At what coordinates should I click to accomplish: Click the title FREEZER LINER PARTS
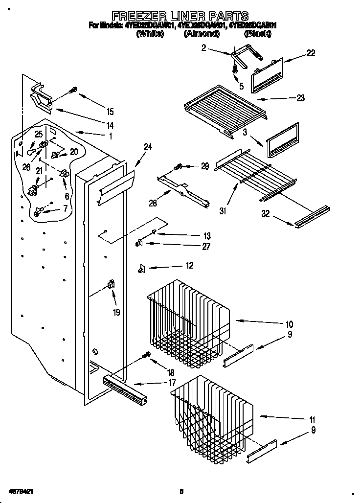pyautogui.click(x=180, y=16)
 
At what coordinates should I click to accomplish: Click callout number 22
pyautogui.click(x=311, y=53)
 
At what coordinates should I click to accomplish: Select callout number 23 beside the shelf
pyautogui.click(x=300, y=98)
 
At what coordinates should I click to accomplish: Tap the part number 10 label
pyautogui.click(x=289, y=324)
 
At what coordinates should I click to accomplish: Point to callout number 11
pyautogui.click(x=312, y=420)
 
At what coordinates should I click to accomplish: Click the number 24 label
pyautogui.click(x=147, y=146)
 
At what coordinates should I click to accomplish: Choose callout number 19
pyautogui.click(x=116, y=312)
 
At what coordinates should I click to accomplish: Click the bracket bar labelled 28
pyautogui.click(x=183, y=191)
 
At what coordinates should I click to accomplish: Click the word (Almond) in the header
pyautogui.click(x=201, y=34)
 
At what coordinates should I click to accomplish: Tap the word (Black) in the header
pyautogui.click(x=257, y=34)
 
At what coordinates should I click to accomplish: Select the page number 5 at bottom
pyautogui.click(x=181, y=490)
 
